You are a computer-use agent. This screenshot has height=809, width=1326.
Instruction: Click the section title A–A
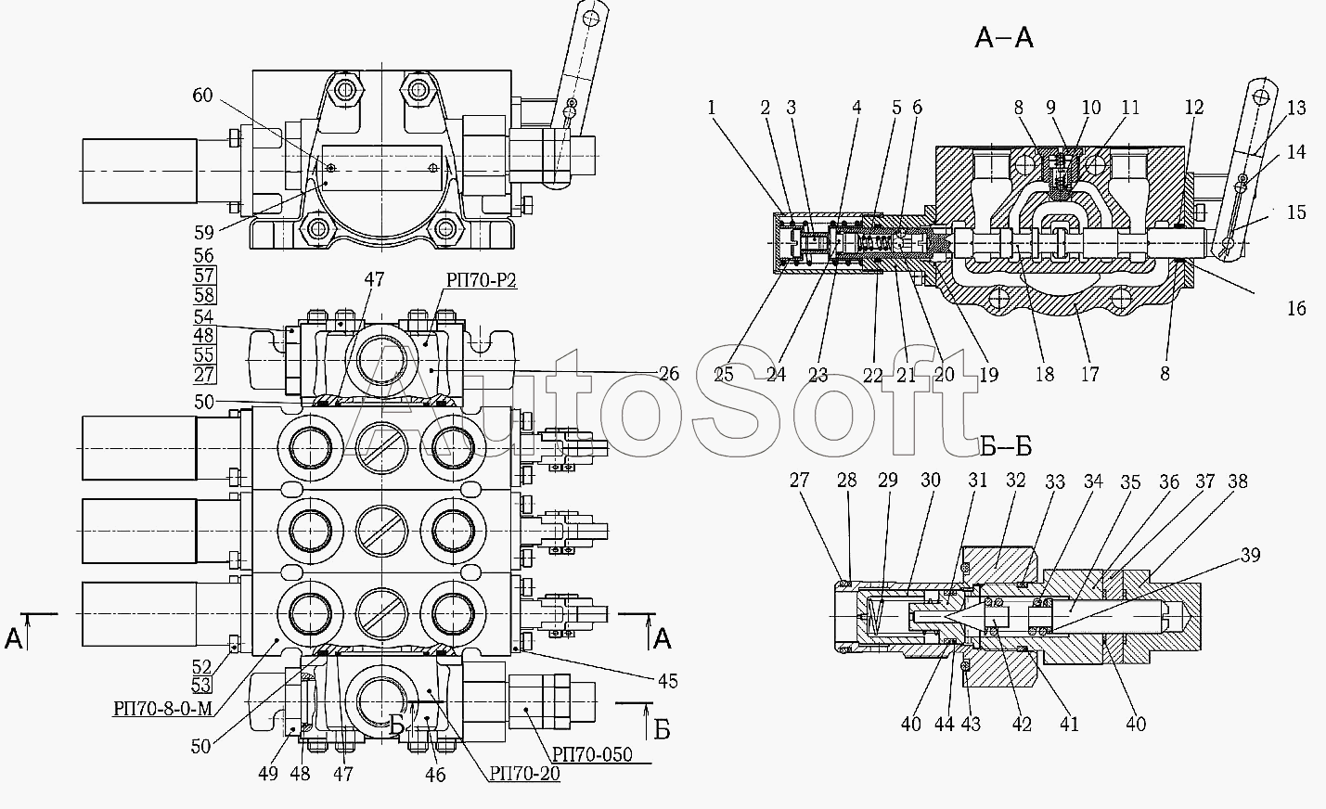pos(1004,38)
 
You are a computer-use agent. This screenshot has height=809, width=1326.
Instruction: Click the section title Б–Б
pos(1006,446)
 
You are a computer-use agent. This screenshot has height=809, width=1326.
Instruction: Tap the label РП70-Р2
pos(482,279)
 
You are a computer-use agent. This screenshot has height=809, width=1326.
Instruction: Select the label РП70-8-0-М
pos(162,708)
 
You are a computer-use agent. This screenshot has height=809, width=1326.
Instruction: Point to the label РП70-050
pos(592,754)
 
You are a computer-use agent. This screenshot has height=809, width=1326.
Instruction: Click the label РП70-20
pos(524,773)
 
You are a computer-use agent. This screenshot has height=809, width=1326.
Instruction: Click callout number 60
pos(202,96)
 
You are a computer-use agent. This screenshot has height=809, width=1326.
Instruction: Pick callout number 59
pos(204,233)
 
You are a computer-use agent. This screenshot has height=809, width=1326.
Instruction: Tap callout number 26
pos(669,374)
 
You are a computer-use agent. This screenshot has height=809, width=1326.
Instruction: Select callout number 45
pos(667,681)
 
